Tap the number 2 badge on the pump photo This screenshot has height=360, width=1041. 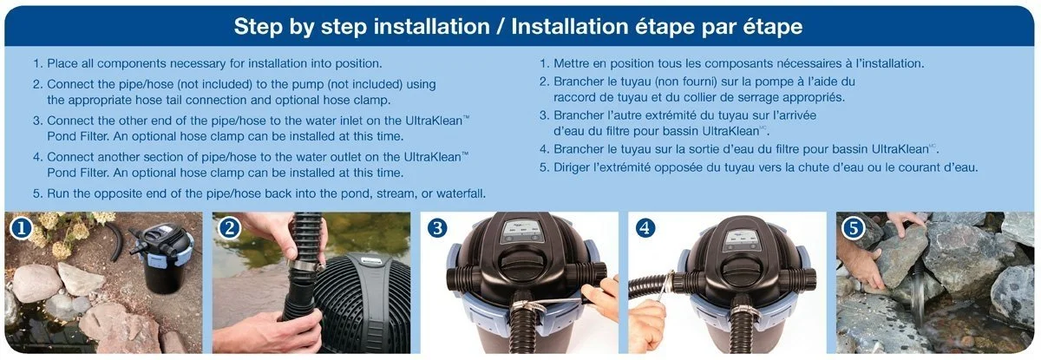230,228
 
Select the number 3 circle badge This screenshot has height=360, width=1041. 437,228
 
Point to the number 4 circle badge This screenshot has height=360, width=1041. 645,228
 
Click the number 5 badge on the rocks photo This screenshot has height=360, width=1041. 854,228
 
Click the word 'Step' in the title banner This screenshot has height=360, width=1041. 258,27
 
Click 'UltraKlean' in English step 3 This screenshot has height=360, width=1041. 434,121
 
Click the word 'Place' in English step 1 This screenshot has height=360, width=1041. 62,63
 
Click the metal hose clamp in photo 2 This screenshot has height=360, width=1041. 307,265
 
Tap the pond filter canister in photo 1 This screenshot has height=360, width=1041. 164,258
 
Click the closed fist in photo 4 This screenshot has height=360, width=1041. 647,324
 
